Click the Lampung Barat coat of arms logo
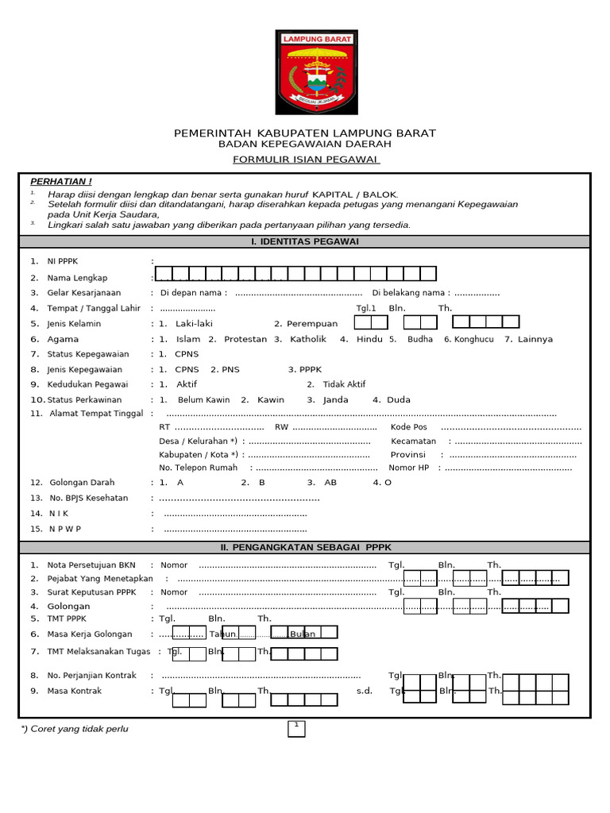tap(316, 72)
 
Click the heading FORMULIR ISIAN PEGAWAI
tap(306, 160)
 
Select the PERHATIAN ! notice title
tap(60, 182)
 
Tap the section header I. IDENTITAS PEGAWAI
tap(305, 241)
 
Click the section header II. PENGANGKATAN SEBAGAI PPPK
tap(305, 548)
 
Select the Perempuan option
tap(311, 324)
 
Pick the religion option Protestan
tap(245, 339)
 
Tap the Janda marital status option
tap(335, 400)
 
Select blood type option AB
tap(330, 482)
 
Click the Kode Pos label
tap(408, 427)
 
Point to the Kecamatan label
tap(413, 441)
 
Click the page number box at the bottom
tap(296, 728)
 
